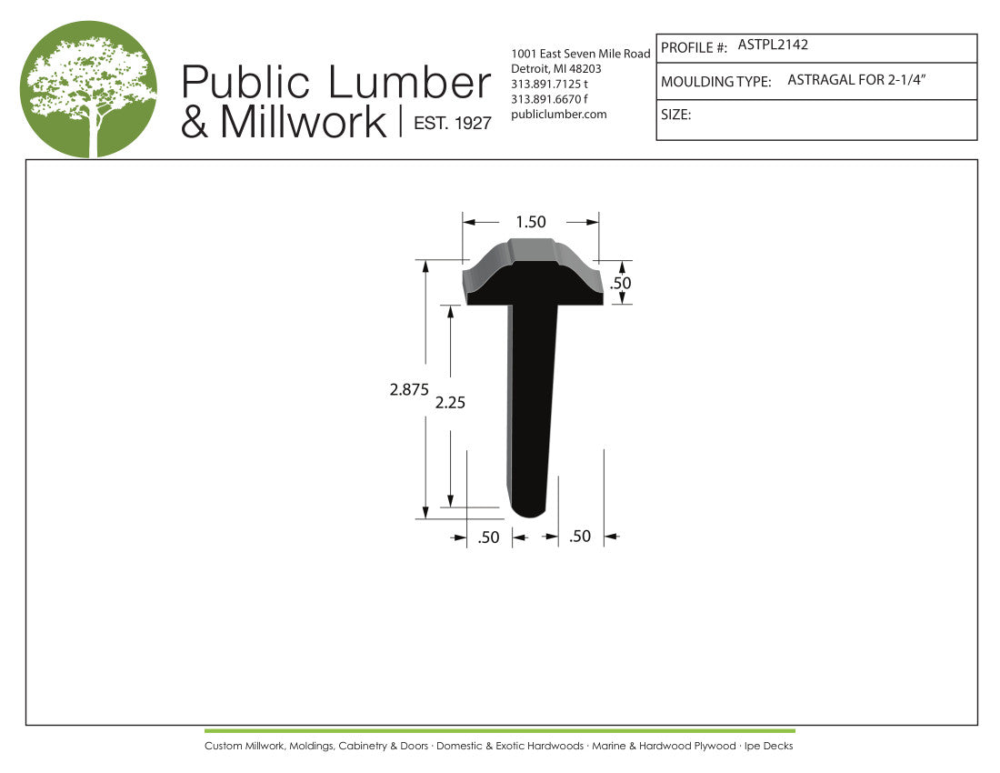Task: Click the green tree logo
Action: click(x=88, y=89)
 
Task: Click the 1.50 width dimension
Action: click(x=531, y=222)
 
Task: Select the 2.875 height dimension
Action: click(x=409, y=389)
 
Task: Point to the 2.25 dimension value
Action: click(x=450, y=403)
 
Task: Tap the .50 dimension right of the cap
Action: click(x=621, y=283)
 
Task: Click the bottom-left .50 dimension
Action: click(x=488, y=537)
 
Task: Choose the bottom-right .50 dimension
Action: click(x=580, y=537)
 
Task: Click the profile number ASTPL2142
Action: click(x=773, y=45)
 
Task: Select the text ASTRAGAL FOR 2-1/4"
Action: click(x=856, y=80)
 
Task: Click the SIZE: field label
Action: click(x=676, y=115)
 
